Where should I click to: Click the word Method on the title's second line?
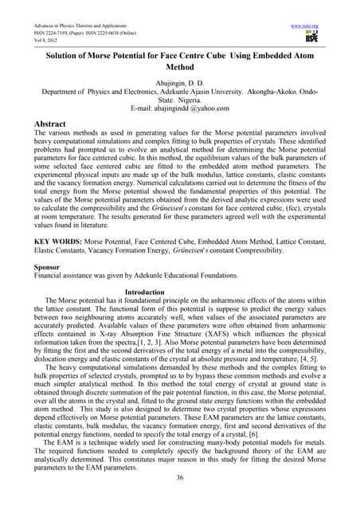179,69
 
